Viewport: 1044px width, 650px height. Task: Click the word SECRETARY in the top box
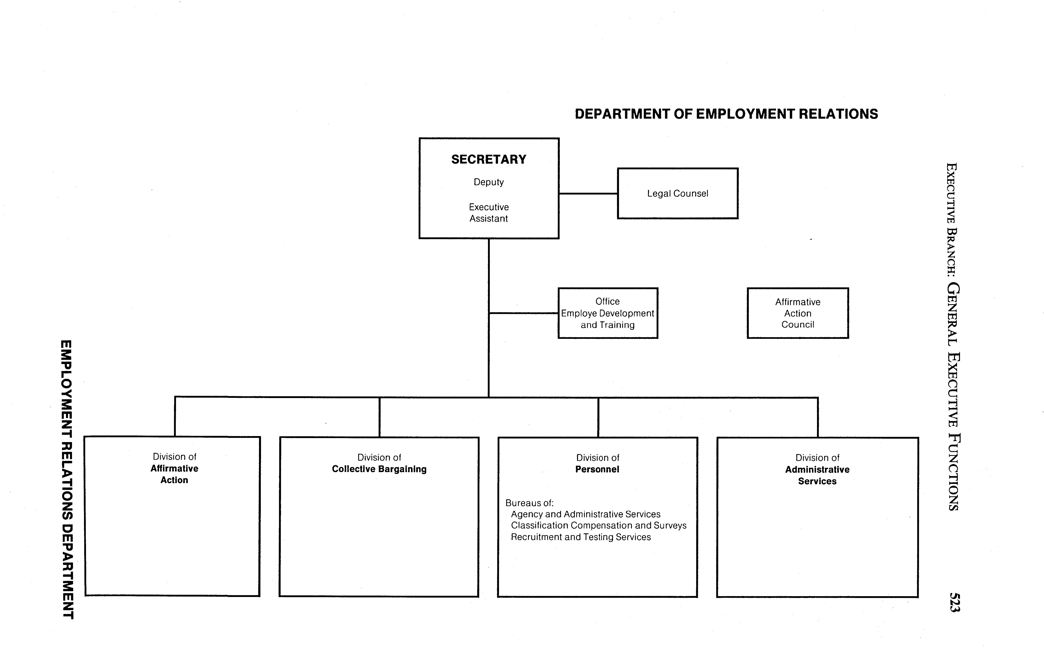[x=488, y=159]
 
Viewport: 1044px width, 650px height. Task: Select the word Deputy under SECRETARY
[x=488, y=182]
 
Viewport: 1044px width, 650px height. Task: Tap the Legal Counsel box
[x=678, y=194]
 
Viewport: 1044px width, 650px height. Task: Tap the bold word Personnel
[x=597, y=469]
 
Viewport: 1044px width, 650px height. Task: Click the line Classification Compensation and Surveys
[x=598, y=525]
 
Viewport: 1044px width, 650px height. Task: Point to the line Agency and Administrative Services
[x=586, y=514]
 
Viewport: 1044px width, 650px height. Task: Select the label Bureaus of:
[x=529, y=503]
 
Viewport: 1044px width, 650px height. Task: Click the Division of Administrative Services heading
[x=817, y=469]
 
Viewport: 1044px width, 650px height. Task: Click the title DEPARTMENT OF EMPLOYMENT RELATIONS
[x=726, y=114]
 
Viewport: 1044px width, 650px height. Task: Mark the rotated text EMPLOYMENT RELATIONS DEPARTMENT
[x=67, y=479]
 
